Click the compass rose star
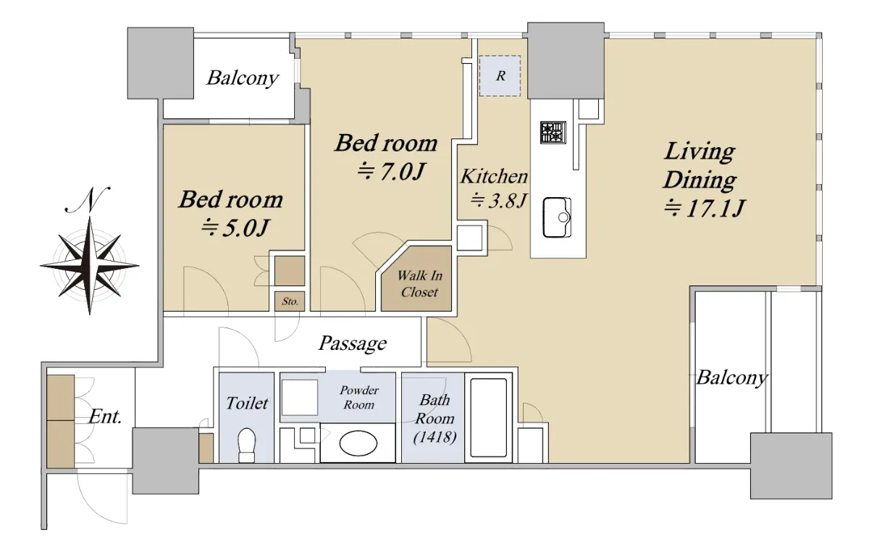(90, 266)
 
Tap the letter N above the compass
(88, 200)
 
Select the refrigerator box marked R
(500, 75)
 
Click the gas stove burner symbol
(553, 133)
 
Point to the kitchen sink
(557, 217)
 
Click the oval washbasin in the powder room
(358, 443)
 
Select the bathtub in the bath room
(488, 417)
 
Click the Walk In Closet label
(419, 284)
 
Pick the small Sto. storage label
(290, 301)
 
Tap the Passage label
(353, 343)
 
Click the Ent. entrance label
(105, 417)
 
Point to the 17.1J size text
(704, 208)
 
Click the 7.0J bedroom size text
(392, 172)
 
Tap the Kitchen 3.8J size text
(499, 201)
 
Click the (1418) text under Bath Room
(434, 437)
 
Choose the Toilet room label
(247, 404)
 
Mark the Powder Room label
(359, 398)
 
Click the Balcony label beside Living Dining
(732, 377)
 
